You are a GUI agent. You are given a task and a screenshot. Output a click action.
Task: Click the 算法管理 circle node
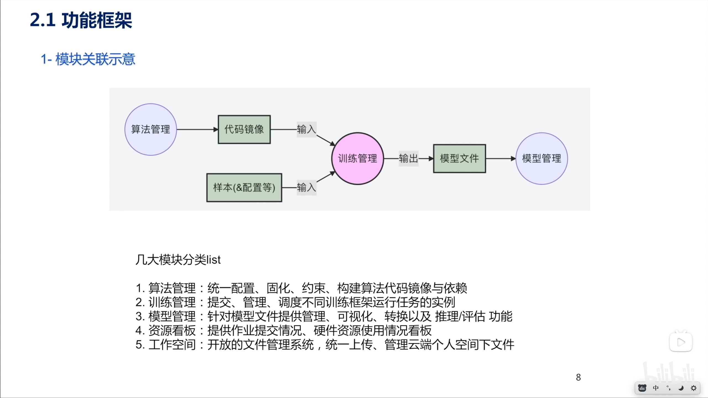150,129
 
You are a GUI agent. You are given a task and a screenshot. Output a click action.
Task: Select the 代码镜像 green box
244,129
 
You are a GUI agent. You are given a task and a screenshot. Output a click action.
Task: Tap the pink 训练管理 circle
357,158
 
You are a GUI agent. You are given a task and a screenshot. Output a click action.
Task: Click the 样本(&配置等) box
244,188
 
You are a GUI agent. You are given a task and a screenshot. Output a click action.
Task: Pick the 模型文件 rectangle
459,158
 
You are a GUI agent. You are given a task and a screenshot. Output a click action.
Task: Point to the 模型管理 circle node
542,158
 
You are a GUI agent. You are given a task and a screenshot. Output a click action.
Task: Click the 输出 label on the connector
408,158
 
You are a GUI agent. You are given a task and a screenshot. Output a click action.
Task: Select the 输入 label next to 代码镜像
306,129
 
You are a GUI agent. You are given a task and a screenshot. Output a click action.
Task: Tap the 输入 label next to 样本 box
306,188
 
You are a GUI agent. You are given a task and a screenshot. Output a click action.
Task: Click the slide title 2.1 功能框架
81,20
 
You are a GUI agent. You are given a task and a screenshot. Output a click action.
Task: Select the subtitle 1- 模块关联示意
88,59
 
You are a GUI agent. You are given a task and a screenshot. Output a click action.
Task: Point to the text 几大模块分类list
178,260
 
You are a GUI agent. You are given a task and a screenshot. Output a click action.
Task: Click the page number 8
578,377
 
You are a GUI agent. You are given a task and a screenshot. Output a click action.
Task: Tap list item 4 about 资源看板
283,331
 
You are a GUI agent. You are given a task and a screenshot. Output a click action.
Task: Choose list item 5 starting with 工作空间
325,345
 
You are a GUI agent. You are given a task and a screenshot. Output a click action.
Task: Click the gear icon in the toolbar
694,388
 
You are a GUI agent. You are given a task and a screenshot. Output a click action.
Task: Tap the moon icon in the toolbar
681,388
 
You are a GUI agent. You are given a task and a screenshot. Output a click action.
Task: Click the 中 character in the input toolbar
656,388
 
